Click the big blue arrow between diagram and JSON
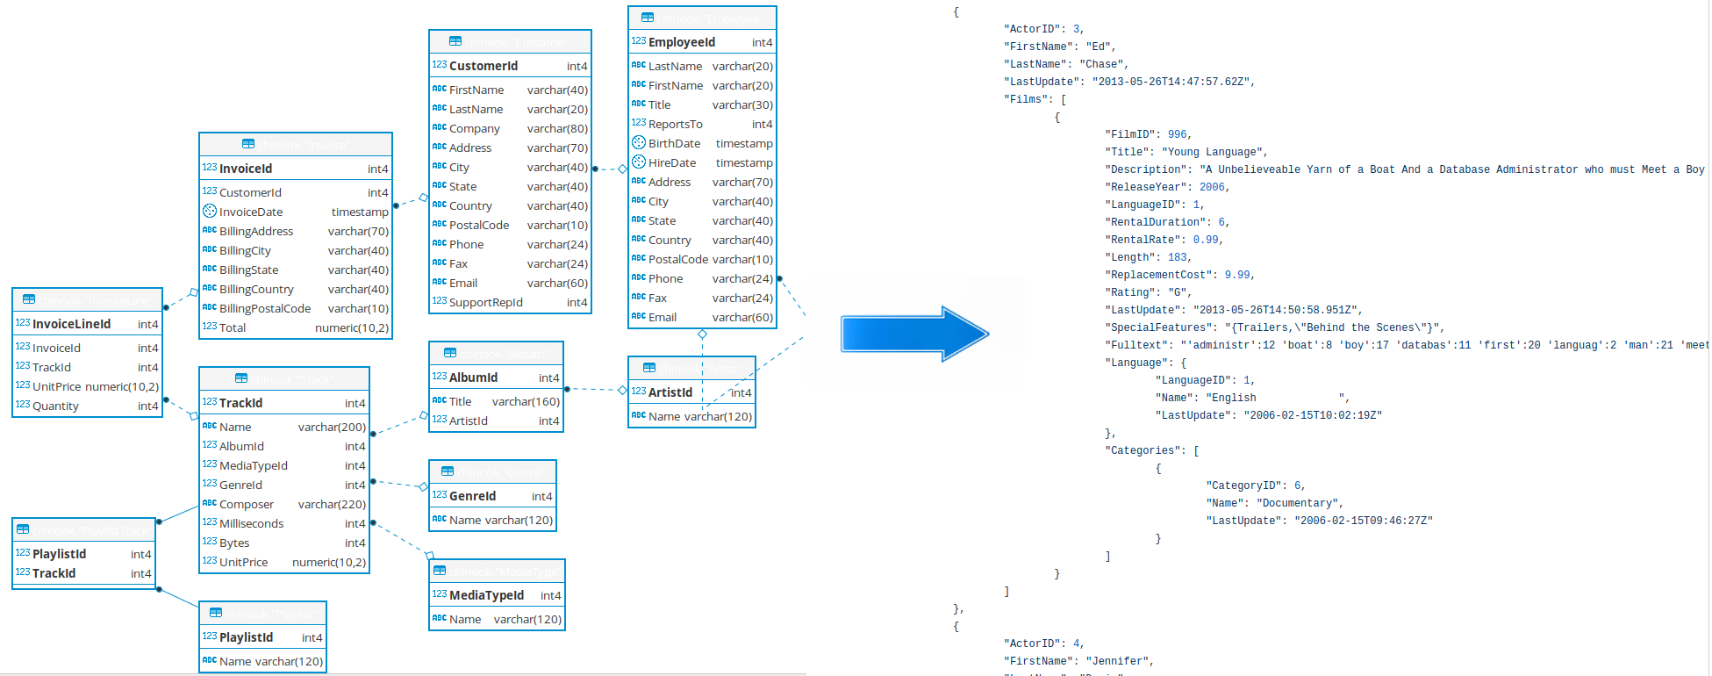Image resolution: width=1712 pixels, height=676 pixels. click(x=913, y=334)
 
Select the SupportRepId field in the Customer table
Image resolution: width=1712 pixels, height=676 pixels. click(x=485, y=302)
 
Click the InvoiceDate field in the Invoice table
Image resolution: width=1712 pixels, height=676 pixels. click(x=250, y=212)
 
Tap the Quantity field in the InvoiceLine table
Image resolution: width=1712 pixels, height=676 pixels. click(x=55, y=406)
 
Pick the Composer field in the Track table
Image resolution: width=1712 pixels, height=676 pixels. click(x=246, y=504)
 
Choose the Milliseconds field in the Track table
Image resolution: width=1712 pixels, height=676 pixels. click(x=251, y=523)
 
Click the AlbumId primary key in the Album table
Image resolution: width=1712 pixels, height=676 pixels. click(x=473, y=378)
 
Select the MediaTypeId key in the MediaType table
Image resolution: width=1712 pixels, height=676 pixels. click(x=486, y=595)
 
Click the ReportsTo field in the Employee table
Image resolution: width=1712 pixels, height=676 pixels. click(x=675, y=124)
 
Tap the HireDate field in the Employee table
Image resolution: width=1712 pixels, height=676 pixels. click(x=671, y=162)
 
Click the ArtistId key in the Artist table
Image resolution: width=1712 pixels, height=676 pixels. click(x=670, y=392)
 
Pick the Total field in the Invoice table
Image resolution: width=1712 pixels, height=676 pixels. click(x=233, y=327)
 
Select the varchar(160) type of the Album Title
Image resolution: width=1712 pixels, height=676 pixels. click(x=526, y=401)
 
